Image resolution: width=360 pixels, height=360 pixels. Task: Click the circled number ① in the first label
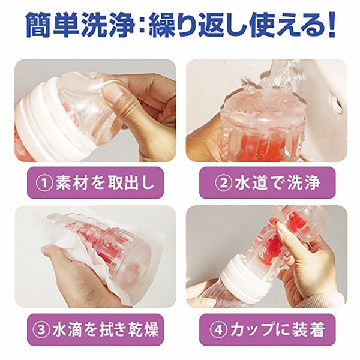click(44, 183)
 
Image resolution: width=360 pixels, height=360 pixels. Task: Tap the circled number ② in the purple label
click(223, 183)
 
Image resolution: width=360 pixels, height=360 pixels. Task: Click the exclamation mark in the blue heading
click(331, 25)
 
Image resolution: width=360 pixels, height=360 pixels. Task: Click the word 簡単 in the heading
click(52, 25)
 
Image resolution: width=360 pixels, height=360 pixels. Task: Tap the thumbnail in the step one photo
click(110, 94)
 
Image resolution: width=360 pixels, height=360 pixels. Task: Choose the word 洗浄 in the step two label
click(304, 183)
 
